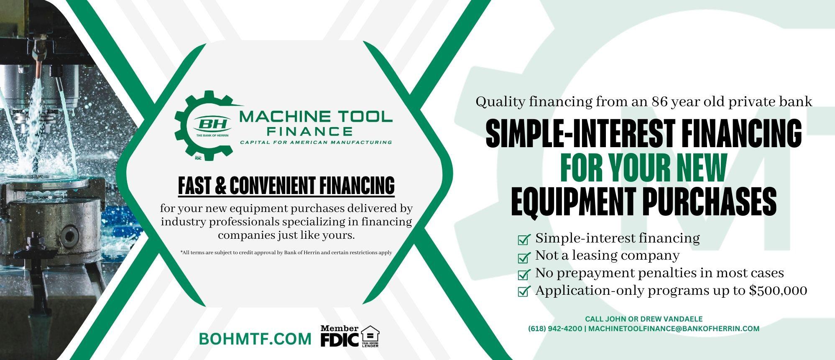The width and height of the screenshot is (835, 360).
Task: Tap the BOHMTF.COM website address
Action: click(255, 339)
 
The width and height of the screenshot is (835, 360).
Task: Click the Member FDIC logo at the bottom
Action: click(339, 336)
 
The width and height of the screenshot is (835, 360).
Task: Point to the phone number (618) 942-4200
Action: click(555, 329)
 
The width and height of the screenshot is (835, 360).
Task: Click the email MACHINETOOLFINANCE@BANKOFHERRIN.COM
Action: click(674, 329)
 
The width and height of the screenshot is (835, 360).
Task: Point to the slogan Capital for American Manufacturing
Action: click(316, 142)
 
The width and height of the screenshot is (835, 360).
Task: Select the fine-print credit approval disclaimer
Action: click(286, 253)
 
